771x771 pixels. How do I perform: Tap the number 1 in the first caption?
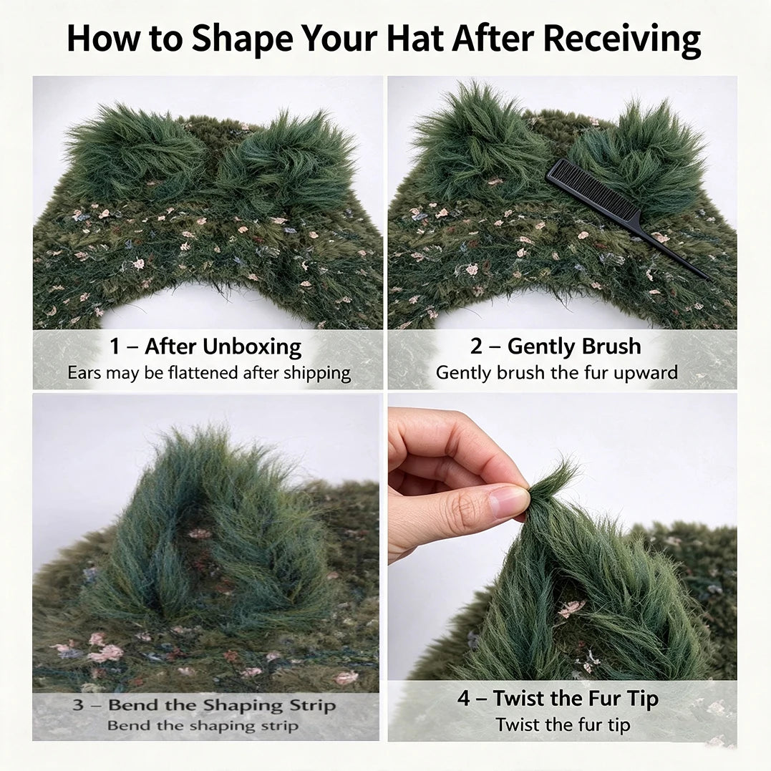coord(115,346)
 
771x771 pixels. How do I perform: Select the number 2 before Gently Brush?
coord(476,346)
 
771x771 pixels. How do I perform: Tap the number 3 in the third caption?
coord(78,704)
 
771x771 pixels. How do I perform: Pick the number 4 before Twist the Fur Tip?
coord(464,698)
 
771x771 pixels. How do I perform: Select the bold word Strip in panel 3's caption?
coord(313,706)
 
